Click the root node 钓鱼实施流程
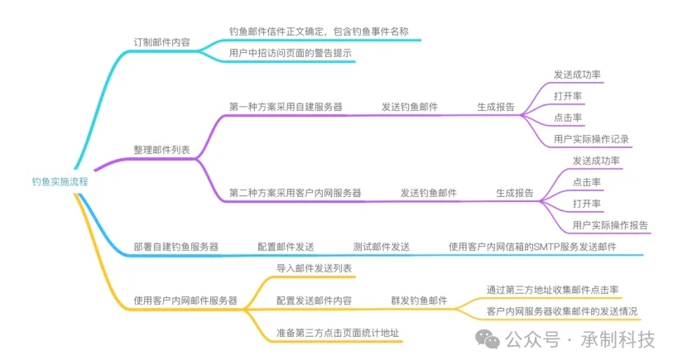pos(60,182)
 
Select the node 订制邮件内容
pos(161,42)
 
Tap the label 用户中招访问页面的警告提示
pos(291,53)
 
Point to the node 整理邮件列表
pos(161,150)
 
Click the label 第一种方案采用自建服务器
pos(286,107)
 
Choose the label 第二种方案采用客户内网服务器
pos(296,193)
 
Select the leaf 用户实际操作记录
pos(591,139)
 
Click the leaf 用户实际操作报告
pos(610,225)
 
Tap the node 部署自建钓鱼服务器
pos(176,247)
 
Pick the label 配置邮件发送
pos(286,247)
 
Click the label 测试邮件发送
pos(381,247)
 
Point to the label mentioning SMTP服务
pos(532,247)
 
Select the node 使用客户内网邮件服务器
pos(185,300)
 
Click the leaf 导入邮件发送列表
pos(315,268)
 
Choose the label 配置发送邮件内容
pos(315,300)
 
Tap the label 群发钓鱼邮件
pos(419,300)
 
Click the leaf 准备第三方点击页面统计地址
pos(338,333)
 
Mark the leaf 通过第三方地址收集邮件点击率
pos(552,290)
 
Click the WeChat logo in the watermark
pos(488,339)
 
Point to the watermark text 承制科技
pos(618,339)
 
